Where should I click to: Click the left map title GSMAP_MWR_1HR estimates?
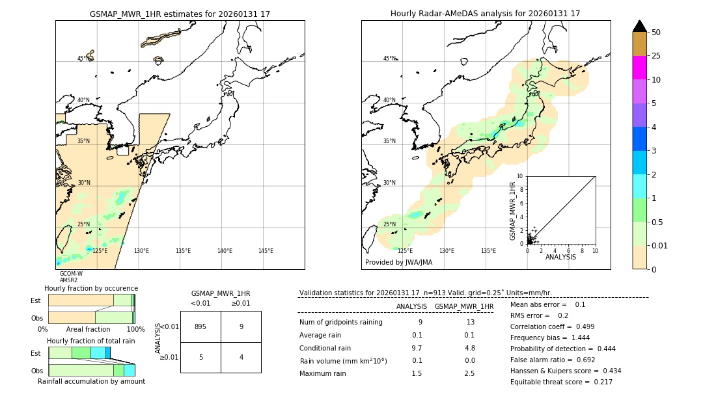[x=180, y=14]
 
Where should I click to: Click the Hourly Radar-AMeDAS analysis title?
[x=485, y=14]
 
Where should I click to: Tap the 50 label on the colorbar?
[x=657, y=33]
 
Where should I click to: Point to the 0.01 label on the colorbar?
[x=661, y=245]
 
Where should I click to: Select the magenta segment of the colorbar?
[x=639, y=68]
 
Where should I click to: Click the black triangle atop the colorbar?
[x=639, y=26]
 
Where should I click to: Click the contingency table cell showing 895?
[x=200, y=326]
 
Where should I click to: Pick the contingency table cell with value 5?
[x=200, y=357]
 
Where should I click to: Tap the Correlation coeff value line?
[x=557, y=326]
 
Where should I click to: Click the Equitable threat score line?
[x=561, y=382]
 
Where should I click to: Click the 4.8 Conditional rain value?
[x=469, y=348]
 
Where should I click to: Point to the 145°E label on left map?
[x=266, y=251]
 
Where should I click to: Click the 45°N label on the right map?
[x=389, y=59]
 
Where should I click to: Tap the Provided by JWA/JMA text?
[x=398, y=263]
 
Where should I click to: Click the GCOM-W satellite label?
[x=71, y=274]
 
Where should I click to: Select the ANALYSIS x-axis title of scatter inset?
[x=560, y=257]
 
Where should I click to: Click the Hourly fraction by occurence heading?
[x=91, y=288]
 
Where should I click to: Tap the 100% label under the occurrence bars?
[x=135, y=329]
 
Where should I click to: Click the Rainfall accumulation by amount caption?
[x=91, y=381]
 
